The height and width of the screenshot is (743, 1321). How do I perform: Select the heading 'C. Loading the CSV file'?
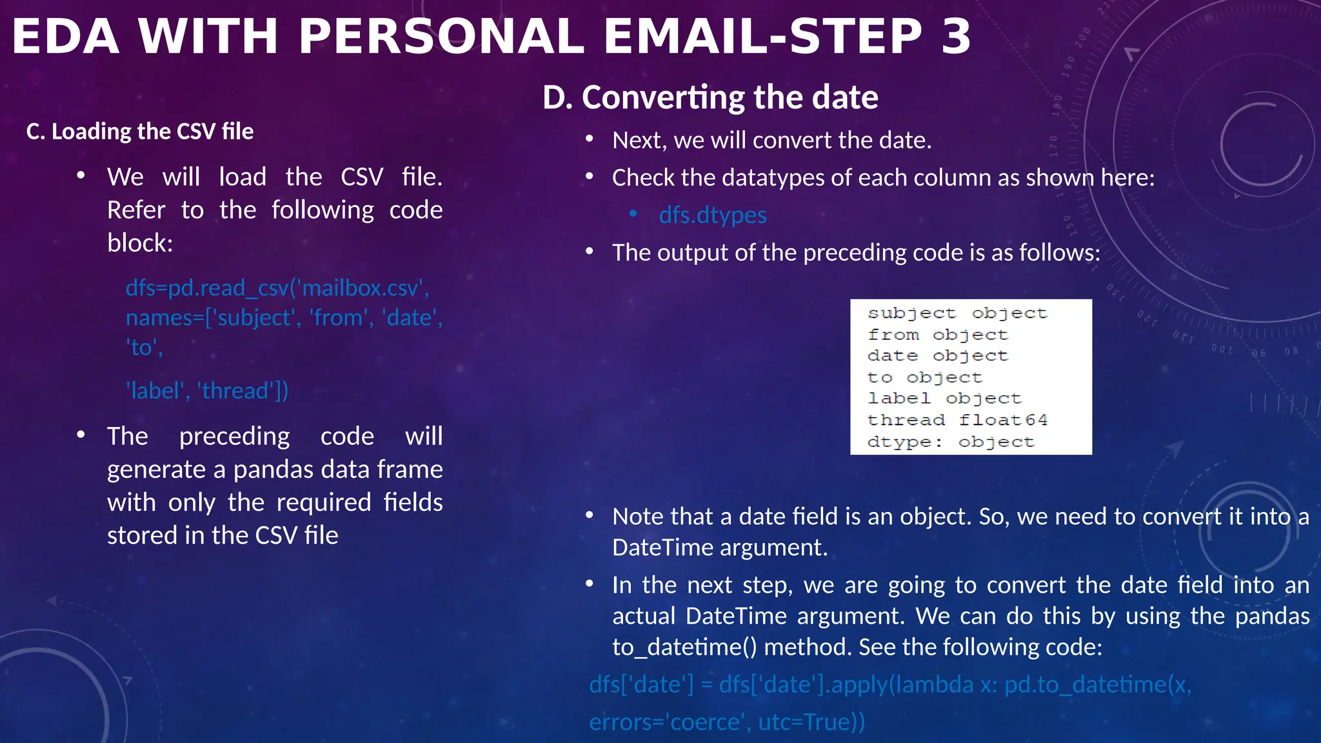(140, 132)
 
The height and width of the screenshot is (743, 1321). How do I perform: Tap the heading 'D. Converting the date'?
(710, 97)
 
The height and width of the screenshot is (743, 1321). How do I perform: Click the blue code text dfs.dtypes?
(713, 215)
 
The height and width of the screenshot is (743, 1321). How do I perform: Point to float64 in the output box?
(1003, 420)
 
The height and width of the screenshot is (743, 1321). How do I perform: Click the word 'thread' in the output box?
(906, 420)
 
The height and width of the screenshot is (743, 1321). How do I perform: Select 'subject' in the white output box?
(911, 313)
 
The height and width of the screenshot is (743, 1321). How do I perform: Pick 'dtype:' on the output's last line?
(905, 442)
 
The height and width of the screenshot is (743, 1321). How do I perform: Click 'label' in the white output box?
(899, 399)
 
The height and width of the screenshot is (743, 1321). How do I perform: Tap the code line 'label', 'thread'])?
(207, 391)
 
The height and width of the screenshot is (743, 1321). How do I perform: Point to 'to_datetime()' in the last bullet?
(684, 647)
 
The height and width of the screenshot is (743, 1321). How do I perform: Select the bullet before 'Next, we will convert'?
(590, 139)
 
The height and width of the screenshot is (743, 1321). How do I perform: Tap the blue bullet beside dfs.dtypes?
(633, 213)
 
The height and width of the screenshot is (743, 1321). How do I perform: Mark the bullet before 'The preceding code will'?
(81, 435)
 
